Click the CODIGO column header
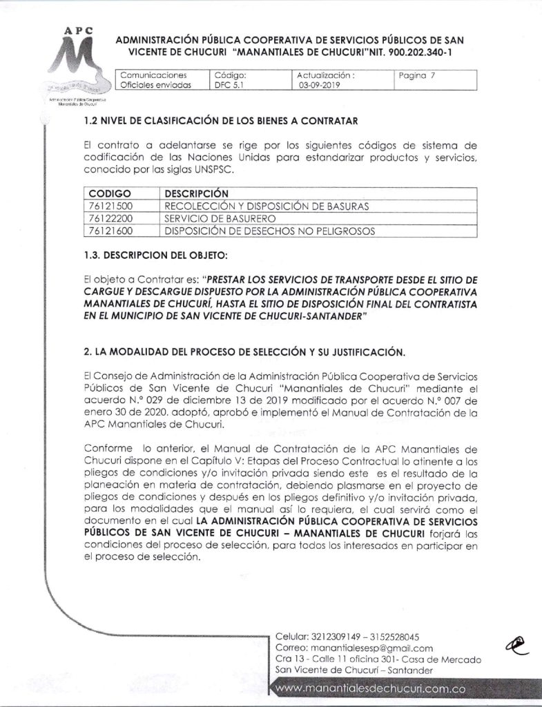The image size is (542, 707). coord(110,193)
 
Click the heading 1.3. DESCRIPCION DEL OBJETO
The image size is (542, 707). coord(155,257)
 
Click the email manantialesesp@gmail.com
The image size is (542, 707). coord(369,648)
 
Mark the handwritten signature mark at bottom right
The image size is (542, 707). coord(516,643)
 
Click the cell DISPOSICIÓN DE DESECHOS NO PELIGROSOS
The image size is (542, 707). coord(270,231)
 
